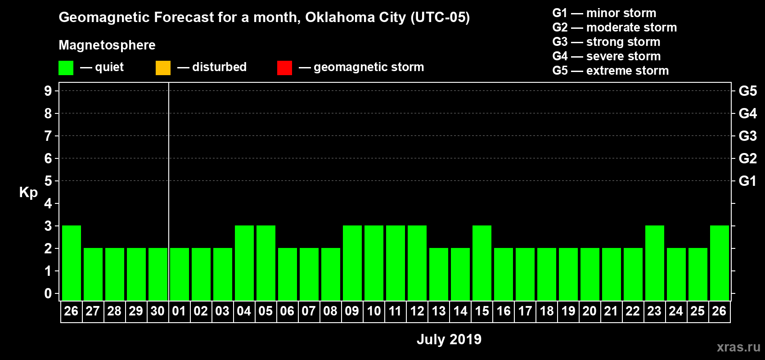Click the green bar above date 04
(x=244, y=263)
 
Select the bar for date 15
(x=482, y=263)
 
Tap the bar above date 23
(x=655, y=263)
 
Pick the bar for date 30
(x=158, y=274)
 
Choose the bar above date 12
(x=417, y=263)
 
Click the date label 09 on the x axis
(x=352, y=311)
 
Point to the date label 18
(x=547, y=311)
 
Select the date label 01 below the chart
(x=179, y=311)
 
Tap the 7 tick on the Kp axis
(x=48, y=136)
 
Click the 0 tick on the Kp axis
(x=48, y=293)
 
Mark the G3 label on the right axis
(x=747, y=136)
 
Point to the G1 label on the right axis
(x=747, y=181)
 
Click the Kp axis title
(x=28, y=193)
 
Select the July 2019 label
(x=449, y=339)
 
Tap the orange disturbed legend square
(x=163, y=68)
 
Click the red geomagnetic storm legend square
(x=284, y=68)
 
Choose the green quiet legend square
(x=66, y=68)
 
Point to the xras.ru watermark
(x=738, y=347)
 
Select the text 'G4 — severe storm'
(x=606, y=56)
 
